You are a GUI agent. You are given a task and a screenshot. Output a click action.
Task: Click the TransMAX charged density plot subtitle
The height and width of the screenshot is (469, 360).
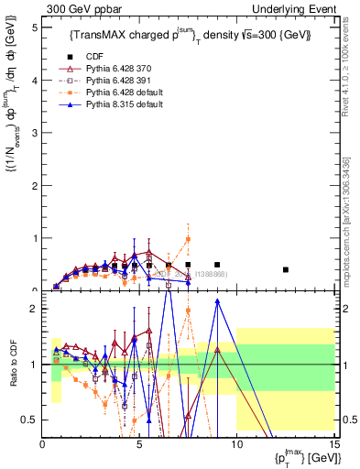[190, 36]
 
